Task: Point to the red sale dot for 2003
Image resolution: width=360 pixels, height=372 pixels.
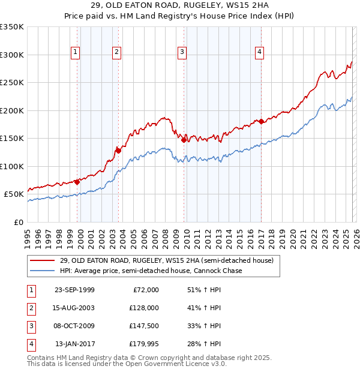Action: (118, 151)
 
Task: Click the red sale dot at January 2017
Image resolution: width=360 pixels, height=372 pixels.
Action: (262, 122)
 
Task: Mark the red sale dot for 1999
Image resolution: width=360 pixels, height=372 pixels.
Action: (77, 182)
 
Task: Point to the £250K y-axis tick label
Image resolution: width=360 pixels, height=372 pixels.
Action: (12, 83)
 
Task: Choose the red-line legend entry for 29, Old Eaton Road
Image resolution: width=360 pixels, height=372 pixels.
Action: (166, 260)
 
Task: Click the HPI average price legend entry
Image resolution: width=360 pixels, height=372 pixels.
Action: (151, 271)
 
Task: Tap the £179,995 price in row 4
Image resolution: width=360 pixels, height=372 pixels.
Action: (143, 344)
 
